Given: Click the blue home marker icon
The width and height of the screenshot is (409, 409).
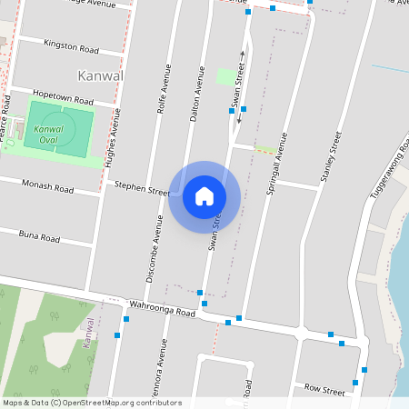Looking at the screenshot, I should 204,196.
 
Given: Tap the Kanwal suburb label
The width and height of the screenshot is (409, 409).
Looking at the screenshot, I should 100,75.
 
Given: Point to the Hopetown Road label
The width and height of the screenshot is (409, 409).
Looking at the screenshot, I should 63,95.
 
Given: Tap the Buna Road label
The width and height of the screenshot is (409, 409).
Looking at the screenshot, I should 39,236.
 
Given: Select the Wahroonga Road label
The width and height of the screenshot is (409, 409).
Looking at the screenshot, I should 163,310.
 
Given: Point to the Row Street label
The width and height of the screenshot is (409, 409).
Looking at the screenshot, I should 324,389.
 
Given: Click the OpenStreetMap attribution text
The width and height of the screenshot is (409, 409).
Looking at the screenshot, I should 92,403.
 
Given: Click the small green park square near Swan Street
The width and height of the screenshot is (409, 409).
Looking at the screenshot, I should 225,76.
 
